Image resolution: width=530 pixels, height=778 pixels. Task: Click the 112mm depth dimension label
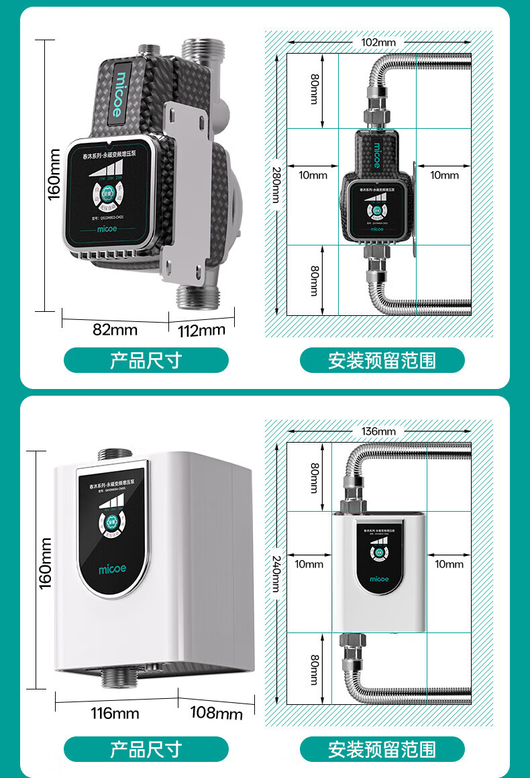point(201,330)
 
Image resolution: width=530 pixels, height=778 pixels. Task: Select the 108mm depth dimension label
point(216,712)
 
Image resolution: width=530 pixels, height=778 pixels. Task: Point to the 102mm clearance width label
point(378,42)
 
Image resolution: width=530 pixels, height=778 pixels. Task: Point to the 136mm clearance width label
point(378,431)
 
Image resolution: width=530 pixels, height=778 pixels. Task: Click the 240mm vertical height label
point(276,571)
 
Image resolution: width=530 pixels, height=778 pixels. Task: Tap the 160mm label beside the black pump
point(54,174)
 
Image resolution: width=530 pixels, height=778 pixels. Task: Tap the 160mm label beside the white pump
point(45,563)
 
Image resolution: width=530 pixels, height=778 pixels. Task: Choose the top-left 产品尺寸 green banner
point(146,360)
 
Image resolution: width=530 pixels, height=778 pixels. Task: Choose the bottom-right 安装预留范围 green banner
point(382,749)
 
